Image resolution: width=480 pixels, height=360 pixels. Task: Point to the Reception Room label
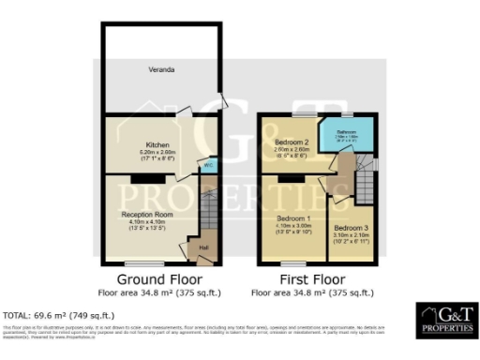click(142, 215)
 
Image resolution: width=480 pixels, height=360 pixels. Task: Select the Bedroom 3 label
click(352, 228)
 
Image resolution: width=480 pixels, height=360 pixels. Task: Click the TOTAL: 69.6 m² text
click(58, 315)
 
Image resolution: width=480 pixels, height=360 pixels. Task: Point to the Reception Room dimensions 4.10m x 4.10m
click(142, 222)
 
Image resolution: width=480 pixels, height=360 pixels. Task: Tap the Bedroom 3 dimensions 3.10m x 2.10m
click(352, 235)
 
